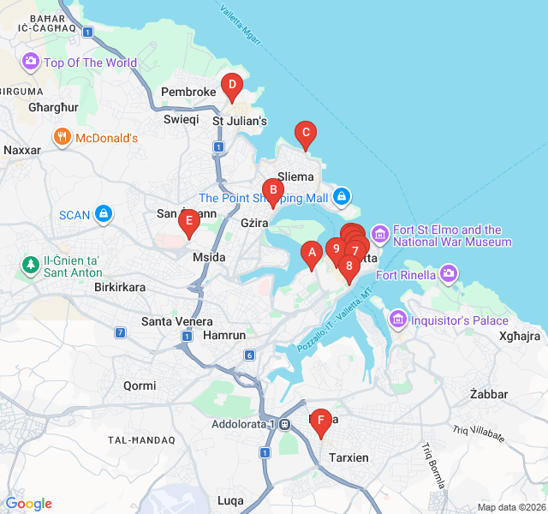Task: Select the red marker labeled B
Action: tap(272, 191)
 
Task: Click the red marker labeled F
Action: tap(321, 421)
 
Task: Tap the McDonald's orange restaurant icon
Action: tap(62, 137)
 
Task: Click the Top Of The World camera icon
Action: tap(31, 62)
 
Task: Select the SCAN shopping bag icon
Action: tap(104, 213)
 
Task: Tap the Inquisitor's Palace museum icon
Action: tap(396, 320)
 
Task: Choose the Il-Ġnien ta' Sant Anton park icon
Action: tap(31, 266)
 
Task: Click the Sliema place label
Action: tap(295, 176)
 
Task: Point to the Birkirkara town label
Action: tap(120, 287)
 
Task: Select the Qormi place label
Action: tap(140, 385)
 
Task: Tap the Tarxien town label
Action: tap(349, 457)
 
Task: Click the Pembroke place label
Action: tap(188, 92)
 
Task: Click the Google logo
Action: tap(28, 504)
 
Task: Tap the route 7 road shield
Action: tap(121, 332)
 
